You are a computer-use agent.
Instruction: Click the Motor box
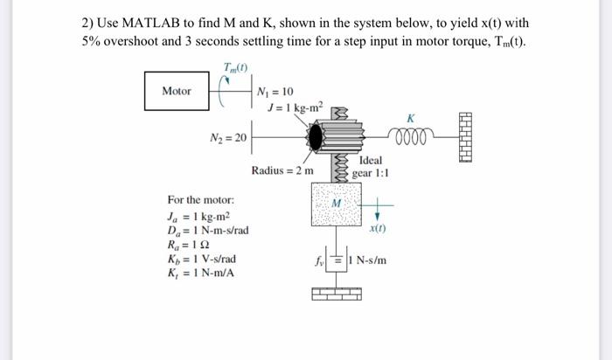click(176, 91)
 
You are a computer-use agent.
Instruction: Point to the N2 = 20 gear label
click(228, 137)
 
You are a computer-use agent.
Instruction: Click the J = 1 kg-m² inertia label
click(296, 107)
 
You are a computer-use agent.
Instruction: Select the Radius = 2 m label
click(282, 170)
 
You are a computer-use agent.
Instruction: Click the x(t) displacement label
click(377, 228)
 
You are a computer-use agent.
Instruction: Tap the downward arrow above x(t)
click(377, 211)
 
